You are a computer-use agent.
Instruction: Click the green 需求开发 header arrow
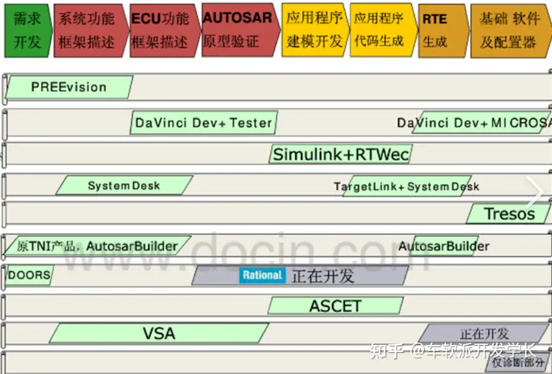click(27, 30)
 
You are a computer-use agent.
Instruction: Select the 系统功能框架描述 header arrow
click(89, 30)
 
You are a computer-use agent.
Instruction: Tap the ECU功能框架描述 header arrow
click(161, 30)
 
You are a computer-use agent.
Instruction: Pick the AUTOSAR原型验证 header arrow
click(237, 29)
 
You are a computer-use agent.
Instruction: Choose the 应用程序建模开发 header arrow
click(314, 29)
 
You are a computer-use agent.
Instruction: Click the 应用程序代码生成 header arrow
click(381, 29)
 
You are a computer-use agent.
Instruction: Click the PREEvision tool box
click(69, 87)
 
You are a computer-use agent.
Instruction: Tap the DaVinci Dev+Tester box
click(203, 123)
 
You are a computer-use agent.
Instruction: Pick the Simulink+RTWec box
click(341, 155)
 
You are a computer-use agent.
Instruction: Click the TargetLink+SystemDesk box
click(407, 186)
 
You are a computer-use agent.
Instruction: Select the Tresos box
click(509, 214)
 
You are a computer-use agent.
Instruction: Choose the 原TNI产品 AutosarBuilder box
click(97, 246)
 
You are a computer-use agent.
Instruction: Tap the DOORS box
click(28, 275)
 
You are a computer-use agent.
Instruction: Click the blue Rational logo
click(262, 275)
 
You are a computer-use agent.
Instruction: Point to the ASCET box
click(335, 306)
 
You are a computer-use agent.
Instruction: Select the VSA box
click(159, 333)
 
